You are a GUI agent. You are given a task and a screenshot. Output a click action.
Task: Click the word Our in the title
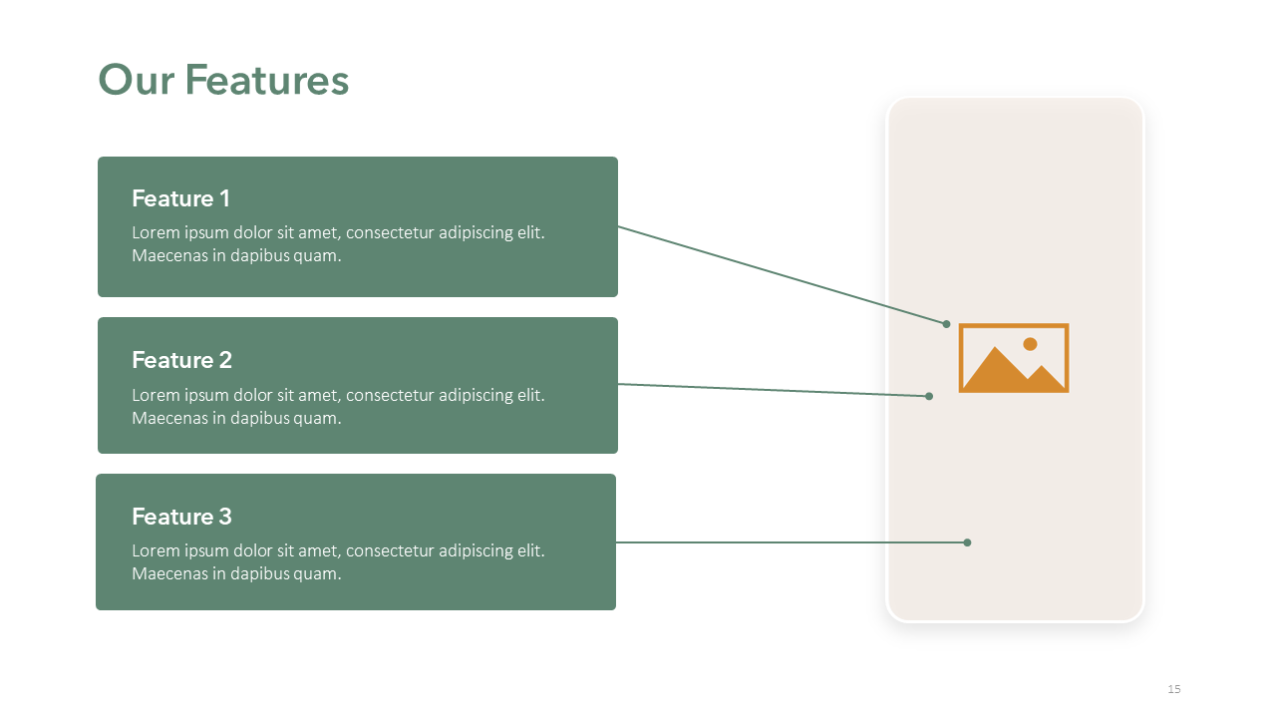[137, 80]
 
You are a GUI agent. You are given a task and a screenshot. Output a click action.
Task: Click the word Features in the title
[266, 80]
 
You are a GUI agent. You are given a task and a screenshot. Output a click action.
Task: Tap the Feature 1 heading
[180, 198]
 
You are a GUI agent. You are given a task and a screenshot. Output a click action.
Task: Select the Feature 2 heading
[181, 360]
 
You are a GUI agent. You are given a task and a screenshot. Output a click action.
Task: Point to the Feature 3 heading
[181, 517]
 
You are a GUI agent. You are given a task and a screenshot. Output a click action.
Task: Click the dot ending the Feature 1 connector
[946, 324]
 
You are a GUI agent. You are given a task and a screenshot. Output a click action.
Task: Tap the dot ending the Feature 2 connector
[929, 396]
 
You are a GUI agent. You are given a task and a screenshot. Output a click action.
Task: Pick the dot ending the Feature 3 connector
[967, 542]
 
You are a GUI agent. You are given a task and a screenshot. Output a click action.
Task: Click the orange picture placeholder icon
[1014, 358]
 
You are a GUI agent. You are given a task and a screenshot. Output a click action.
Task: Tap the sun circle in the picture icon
[1030, 344]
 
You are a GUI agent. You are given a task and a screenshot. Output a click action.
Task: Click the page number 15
[1174, 689]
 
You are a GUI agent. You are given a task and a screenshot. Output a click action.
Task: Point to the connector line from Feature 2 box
[773, 390]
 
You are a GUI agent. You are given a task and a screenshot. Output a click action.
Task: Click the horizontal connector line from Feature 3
[791, 542]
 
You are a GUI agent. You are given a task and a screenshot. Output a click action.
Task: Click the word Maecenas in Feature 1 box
[169, 255]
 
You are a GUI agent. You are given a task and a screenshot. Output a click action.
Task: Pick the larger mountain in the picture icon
[995, 369]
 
